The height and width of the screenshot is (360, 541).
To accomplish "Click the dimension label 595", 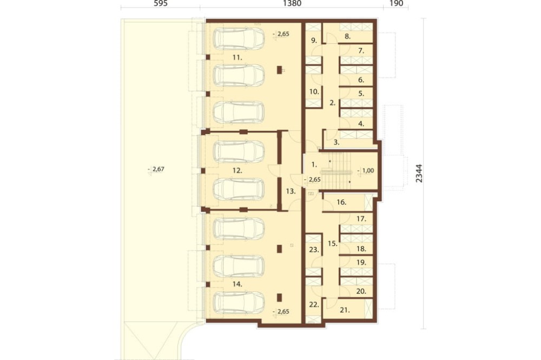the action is [x=161, y=3].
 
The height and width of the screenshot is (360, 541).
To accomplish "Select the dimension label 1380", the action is [x=292, y=3].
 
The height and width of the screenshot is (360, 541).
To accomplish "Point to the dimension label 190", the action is [x=396, y=3].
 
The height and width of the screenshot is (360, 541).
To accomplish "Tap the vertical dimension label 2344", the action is [x=419, y=173].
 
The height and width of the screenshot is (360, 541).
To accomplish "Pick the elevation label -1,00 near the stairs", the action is [x=366, y=171].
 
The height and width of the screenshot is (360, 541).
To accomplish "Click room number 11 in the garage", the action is [x=237, y=58].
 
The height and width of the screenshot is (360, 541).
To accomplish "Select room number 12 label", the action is [x=237, y=170].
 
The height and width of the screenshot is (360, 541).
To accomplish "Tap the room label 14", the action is [x=237, y=284].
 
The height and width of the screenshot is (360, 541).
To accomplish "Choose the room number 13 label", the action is [x=291, y=191].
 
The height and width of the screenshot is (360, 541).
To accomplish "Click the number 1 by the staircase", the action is [x=314, y=165].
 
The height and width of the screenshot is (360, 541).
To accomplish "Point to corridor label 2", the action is [x=333, y=102].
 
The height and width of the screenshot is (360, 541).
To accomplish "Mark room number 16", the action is [x=341, y=202].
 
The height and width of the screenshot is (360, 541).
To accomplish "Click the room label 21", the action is [x=345, y=310].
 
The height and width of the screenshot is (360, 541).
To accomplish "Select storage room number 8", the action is [x=347, y=36].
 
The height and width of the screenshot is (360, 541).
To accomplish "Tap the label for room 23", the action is [x=314, y=250].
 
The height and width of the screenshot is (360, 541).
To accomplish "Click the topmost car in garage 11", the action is [x=239, y=38].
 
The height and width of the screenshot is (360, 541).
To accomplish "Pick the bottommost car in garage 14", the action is [x=239, y=302].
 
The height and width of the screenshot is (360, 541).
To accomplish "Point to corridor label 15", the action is [x=333, y=243].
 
